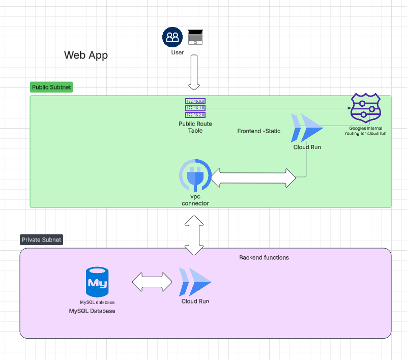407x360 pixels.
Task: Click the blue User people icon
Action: point(172,37)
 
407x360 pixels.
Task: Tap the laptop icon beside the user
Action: point(195,37)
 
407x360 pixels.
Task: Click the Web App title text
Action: point(85,55)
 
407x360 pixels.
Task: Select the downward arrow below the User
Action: point(195,72)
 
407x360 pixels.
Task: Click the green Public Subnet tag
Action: point(51,87)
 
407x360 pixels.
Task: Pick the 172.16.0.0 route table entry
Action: point(195,101)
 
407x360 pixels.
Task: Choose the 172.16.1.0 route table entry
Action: point(195,108)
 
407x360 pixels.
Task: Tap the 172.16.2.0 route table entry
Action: point(195,114)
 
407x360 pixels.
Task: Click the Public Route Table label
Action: point(195,127)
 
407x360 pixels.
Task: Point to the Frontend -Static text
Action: point(258,131)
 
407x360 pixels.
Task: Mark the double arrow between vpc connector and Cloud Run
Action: point(253,177)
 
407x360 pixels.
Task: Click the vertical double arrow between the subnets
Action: point(195,234)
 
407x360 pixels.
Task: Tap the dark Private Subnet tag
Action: point(41,239)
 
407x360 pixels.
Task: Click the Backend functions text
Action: point(264,258)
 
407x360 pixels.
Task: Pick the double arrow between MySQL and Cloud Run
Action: point(152,282)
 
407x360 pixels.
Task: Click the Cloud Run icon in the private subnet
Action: point(195,282)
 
